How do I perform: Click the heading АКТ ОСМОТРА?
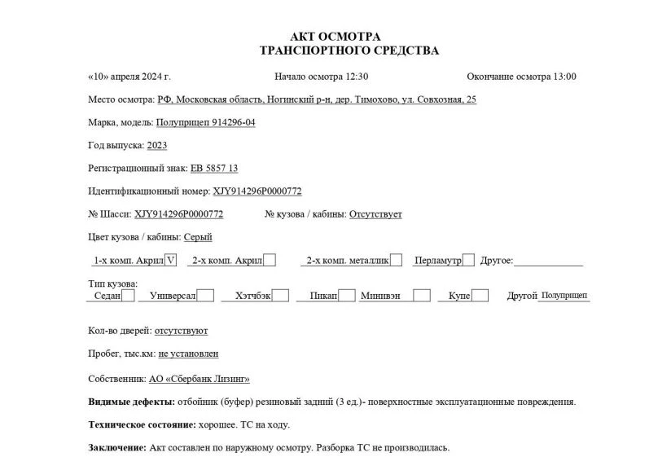[335, 37]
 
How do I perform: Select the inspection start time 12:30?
[357, 77]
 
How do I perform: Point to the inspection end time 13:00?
[564, 77]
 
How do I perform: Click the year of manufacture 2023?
[156, 145]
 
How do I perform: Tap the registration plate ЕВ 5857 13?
[214, 168]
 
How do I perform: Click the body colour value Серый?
[198, 237]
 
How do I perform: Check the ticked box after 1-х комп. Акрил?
[170, 261]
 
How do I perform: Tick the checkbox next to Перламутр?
[468, 261]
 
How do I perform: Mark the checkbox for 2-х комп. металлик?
[396, 261]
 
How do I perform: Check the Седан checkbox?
[128, 296]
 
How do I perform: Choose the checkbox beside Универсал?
[206, 296]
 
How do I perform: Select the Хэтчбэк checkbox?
[280, 296]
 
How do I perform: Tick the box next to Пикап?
[347, 296]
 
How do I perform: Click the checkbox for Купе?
[480, 296]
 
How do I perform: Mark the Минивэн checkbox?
[421, 296]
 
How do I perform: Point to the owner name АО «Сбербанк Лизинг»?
[200, 379]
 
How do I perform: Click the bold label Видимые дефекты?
[130, 402]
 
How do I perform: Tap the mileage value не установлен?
[188, 354]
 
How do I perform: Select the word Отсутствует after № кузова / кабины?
[375, 214]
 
